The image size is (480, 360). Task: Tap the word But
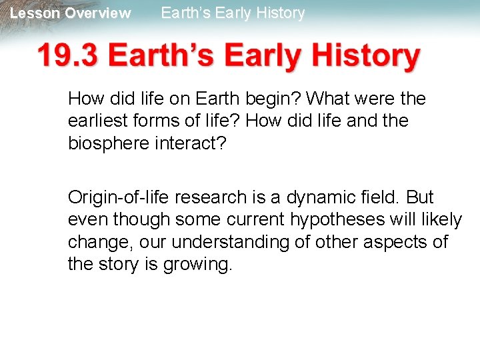coord(420,198)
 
